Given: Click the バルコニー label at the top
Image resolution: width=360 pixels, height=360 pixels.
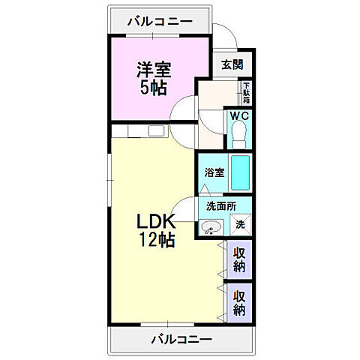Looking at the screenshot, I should coord(159,21).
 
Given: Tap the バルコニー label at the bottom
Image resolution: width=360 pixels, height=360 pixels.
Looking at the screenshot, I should coord(180,340).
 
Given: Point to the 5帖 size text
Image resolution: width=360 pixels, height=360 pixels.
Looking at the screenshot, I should coord(153,88).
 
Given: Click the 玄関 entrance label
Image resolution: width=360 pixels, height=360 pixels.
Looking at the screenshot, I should coord(231,64).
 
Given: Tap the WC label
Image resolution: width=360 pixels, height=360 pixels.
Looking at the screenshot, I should coord(238,116).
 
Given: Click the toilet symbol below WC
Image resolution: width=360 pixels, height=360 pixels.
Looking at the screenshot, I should coord(239,136).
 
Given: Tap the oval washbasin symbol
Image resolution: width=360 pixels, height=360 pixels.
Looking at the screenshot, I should coord(211,226).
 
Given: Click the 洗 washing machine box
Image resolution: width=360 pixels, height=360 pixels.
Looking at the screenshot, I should coord(240,223).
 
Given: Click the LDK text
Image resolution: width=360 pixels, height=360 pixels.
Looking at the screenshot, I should coord(157,223).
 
